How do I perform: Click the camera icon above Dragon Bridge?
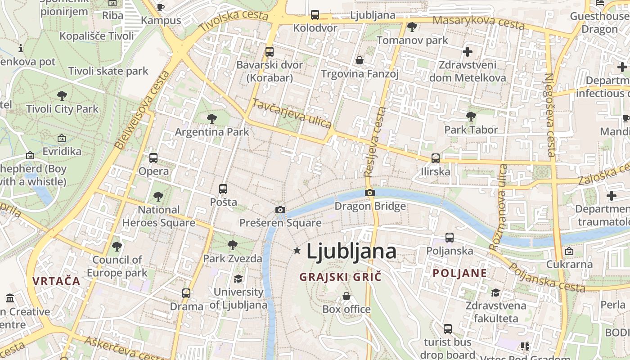click(x=370, y=193)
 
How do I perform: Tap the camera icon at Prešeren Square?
click(x=280, y=210)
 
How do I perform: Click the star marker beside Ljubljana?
click(x=297, y=250)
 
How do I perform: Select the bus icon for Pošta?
click(x=223, y=189)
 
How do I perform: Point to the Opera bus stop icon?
click(x=153, y=158)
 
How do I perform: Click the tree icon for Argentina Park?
click(x=211, y=119)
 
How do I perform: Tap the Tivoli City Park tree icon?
click(x=62, y=95)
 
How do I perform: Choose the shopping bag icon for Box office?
click(x=346, y=296)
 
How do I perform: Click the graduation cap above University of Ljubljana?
click(x=238, y=279)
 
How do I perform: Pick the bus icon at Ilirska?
click(x=435, y=158)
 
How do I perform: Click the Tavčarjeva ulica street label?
click(x=292, y=113)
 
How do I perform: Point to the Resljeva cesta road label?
click(x=375, y=141)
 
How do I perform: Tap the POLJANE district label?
click(x=460, y=273)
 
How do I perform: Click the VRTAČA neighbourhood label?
click(x=56, y=281)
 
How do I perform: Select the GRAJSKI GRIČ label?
click(x=340, y=276)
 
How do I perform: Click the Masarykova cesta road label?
click(x=478, y=22)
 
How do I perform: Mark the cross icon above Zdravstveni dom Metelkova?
click(x=468, y=52)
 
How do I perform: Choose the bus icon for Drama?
click(x=186, y=293)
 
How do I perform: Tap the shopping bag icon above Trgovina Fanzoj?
click(x=360, y=60)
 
